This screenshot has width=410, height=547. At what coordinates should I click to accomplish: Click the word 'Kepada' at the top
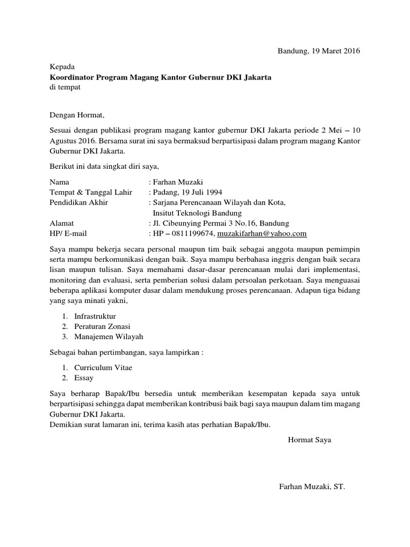click(62, 67)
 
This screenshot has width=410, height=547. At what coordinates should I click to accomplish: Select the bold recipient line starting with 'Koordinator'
click(160, 77)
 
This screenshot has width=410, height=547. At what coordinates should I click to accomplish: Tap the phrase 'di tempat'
click(65, 88)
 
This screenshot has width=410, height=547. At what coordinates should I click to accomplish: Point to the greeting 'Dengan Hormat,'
click(74, 114)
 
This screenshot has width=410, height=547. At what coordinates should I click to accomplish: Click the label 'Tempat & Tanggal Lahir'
click(90, 192)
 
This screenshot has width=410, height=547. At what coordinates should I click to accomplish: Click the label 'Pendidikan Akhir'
click(78, 202)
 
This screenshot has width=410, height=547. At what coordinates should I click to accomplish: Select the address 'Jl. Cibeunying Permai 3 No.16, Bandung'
click(220, 223)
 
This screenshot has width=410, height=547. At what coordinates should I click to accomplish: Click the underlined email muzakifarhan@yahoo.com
click(262, 233)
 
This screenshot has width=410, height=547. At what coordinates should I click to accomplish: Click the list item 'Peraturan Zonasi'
click(102, 326)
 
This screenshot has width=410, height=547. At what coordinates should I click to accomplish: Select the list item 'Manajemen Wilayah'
click(108, 337)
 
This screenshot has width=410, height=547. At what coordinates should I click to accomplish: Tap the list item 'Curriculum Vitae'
click(103, 368)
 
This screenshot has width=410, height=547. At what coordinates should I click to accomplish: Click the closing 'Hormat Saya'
click(310, 440)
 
